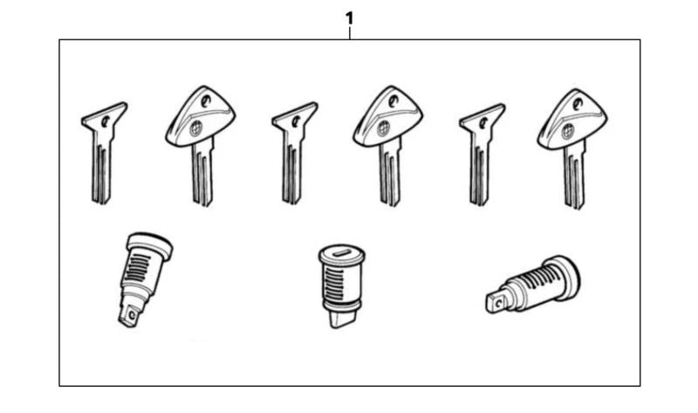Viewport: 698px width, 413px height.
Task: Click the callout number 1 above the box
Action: tap(350, 18)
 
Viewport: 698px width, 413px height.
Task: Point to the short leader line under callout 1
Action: tap(350, 33)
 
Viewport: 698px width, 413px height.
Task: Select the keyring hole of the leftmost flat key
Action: tap(106, 121)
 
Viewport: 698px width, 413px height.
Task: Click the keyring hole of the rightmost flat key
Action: tap(483, 121)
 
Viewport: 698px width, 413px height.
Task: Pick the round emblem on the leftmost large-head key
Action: tap(195, 128)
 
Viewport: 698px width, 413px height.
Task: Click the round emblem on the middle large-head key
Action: tap(383, 128)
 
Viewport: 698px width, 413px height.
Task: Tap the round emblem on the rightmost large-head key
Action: tap(568, 132)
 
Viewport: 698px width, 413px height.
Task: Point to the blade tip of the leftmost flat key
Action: tap(101, 202)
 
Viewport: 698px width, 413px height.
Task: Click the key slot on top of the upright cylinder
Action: tap(342, 253)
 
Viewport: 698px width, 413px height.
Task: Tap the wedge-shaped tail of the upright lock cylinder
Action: tap(342, 319)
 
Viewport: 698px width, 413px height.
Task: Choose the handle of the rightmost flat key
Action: tap(482, 118)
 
